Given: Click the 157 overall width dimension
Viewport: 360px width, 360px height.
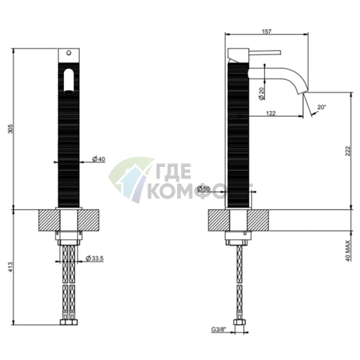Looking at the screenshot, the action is (x=266, y=31).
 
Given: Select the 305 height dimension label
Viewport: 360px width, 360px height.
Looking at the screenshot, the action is (x=10, y=129).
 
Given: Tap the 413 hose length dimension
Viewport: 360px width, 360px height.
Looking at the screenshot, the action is (x=10, y=267).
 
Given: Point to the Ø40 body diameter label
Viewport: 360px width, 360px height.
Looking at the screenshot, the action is (x=99, y=159).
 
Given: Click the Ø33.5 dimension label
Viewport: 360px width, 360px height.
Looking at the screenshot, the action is (x=94, y=258).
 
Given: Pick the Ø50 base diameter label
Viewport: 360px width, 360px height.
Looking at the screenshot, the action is (x=203, y=189).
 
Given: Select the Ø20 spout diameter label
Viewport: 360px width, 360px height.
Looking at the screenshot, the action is (x=261, y=94).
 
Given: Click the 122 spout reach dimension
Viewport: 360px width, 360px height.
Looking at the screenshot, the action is (x=271, y=113).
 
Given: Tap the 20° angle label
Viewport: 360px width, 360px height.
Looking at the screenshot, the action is (x=322, y=107).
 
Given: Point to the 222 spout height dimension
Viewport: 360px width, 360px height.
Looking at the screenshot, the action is (x=348, y=151).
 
